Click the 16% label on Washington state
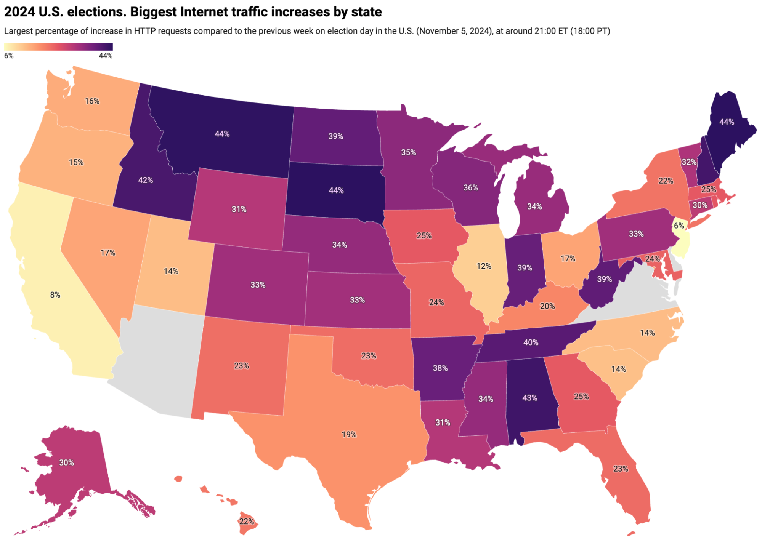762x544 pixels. pos(92,101)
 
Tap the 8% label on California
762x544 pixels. pos(55,294)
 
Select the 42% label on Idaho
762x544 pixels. pos(145,180)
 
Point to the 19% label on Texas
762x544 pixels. pos(349,434)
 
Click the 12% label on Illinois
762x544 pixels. pos(484,266)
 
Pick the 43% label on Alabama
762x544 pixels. pos(529,398)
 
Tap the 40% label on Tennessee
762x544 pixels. pos(531,342)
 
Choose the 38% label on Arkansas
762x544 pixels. pos(440,368)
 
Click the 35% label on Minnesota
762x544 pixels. pos(408,152)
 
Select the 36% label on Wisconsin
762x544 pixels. pos(470,187)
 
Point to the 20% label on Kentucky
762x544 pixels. pos(547,306)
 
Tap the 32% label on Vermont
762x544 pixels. pos(689,162)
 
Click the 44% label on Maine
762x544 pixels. pos(727,122)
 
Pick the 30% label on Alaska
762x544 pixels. pos(66,462)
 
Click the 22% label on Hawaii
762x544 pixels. pos(246,522)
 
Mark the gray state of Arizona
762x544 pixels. pos(160,362)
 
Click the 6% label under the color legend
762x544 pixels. pos(9,56)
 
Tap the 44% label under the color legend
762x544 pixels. pos(106,56)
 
